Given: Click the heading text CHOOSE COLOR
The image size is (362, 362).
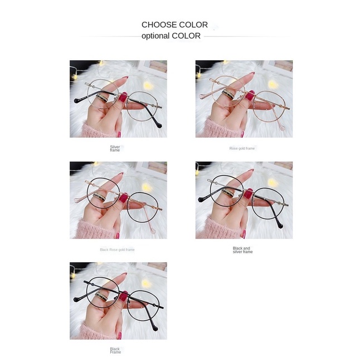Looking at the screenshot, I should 174,25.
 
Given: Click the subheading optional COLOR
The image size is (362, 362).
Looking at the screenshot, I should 170,36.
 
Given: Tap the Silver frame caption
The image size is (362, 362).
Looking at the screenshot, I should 115,148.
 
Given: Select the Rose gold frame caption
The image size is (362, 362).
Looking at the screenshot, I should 242,149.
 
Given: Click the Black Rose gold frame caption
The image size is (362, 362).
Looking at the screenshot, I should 117,250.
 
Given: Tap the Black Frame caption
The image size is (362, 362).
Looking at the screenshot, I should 115,350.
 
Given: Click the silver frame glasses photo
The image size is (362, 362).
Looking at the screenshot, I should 118,99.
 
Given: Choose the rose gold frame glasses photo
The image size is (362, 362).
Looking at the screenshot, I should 244,99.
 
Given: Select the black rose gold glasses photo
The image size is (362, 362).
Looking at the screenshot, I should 118,200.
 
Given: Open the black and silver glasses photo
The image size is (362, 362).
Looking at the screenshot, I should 244,200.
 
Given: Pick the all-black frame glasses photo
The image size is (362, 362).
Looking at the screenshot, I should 118,301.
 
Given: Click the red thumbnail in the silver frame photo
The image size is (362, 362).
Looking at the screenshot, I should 123,97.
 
